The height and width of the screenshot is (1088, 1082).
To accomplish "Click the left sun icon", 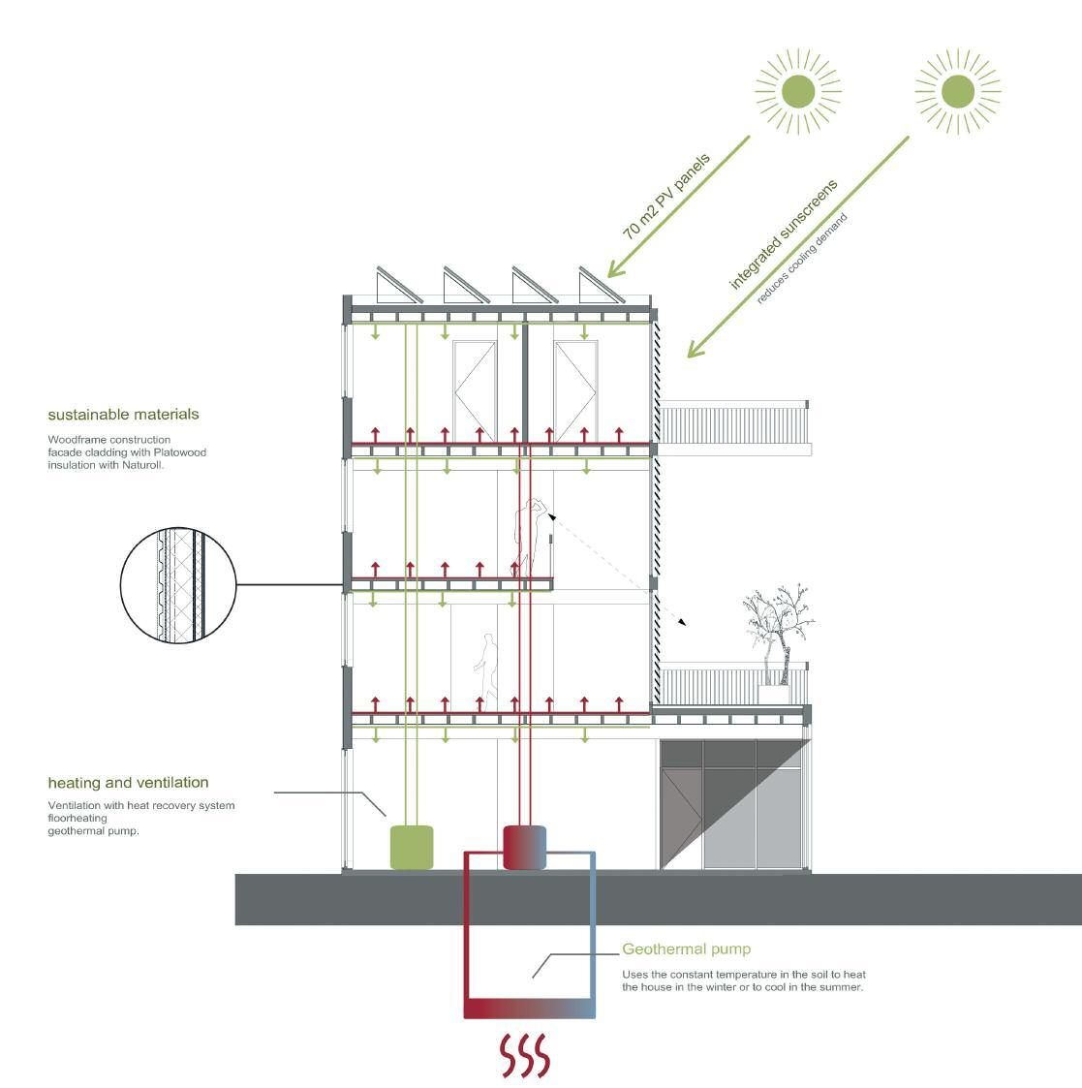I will pos(798,92).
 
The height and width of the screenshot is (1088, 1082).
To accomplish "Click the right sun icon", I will pos(958,92).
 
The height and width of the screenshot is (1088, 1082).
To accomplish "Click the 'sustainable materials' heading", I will pos(123,415).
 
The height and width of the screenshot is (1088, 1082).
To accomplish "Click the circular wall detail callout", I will pos(178,584).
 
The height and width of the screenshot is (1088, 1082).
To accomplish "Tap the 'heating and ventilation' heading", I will pos(128,783).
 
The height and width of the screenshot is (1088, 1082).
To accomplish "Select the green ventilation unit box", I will pos(411,847).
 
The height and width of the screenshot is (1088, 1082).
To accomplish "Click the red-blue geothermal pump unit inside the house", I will pos(525,847).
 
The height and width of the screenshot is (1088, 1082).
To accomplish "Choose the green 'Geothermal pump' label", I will pos(686,949).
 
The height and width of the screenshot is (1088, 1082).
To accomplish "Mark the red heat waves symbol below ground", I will pos(525,1055).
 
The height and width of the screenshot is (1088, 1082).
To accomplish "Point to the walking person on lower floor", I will pos(486,667).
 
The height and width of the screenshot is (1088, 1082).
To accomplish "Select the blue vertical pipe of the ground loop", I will pos(593,930).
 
